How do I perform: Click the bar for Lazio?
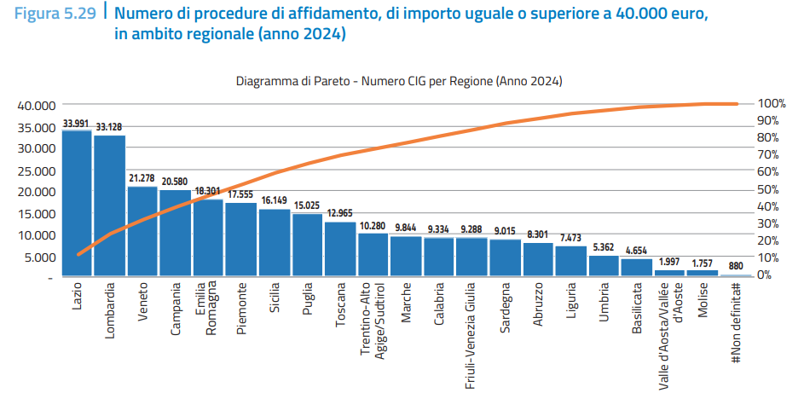tap(77, 205)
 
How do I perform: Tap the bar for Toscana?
tap(340, 250)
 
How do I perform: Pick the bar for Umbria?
tap(604, 266)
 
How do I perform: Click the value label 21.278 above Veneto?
tap(142, 178)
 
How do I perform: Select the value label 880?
tap(736, 265)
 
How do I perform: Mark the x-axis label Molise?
tap(703, 303)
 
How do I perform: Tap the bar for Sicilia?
tap(275, 243)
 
